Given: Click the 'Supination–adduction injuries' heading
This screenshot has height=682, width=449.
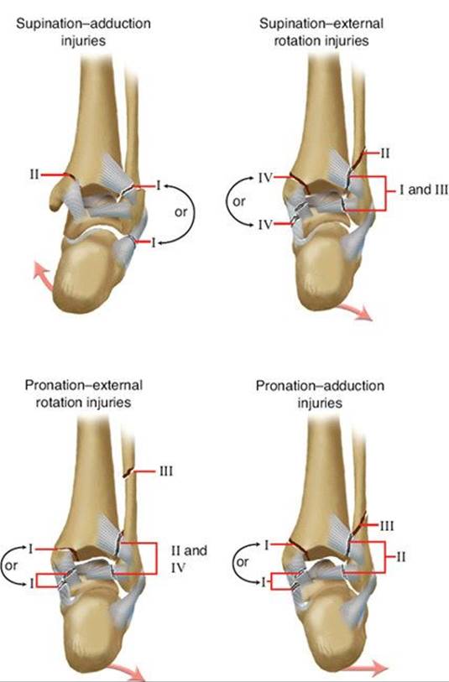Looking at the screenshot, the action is [x=84, y=32].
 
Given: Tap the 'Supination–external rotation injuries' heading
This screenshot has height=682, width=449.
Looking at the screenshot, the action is [x=321, y=32].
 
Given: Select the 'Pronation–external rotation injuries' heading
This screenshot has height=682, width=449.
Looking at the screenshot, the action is [x=84, y=393].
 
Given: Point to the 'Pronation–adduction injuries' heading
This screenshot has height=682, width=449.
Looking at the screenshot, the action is [x=320, y=394].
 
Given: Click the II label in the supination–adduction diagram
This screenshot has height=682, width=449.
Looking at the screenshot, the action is [x=34, y=174].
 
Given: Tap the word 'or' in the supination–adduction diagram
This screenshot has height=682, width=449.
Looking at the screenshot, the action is [x=180, y=212].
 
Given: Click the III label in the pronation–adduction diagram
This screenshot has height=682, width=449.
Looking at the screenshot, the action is [x=387, y=526].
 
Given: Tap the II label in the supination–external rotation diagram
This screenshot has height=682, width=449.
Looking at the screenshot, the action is [x=384, y=154].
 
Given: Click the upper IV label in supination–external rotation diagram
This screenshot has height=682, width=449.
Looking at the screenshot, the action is [x=265, y=178].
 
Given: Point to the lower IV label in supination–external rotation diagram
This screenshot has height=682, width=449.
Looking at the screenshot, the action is [x=265, y=225].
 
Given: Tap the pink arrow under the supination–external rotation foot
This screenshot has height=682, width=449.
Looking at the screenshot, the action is [x=355, y=312].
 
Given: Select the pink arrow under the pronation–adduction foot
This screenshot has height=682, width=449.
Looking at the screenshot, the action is [x=364, y=669].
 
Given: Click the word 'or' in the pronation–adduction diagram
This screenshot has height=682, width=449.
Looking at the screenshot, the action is [x=243, y=562].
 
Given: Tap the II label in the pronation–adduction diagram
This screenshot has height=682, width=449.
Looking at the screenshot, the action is [x=400, y=557].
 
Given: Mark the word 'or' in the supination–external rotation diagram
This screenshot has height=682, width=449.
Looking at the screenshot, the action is [x=239, y=201].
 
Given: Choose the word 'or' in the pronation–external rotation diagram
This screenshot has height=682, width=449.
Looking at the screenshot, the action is [x=11, y=565].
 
